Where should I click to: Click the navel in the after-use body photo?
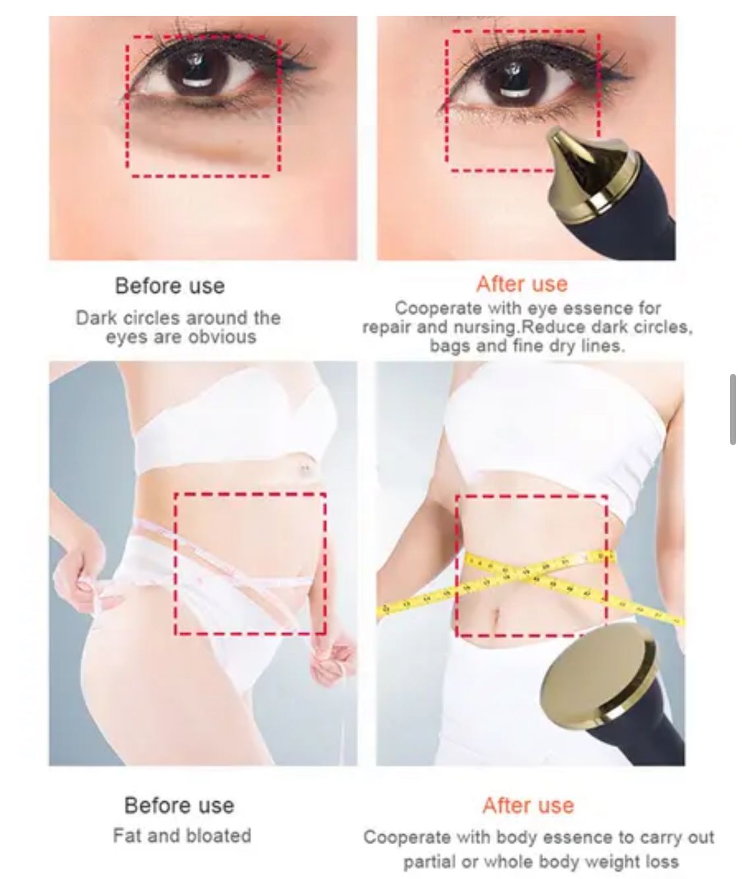(x=495, y=618)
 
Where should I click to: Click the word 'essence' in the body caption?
(x=580, y=837)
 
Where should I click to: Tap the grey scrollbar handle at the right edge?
(x=733, y=409)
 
